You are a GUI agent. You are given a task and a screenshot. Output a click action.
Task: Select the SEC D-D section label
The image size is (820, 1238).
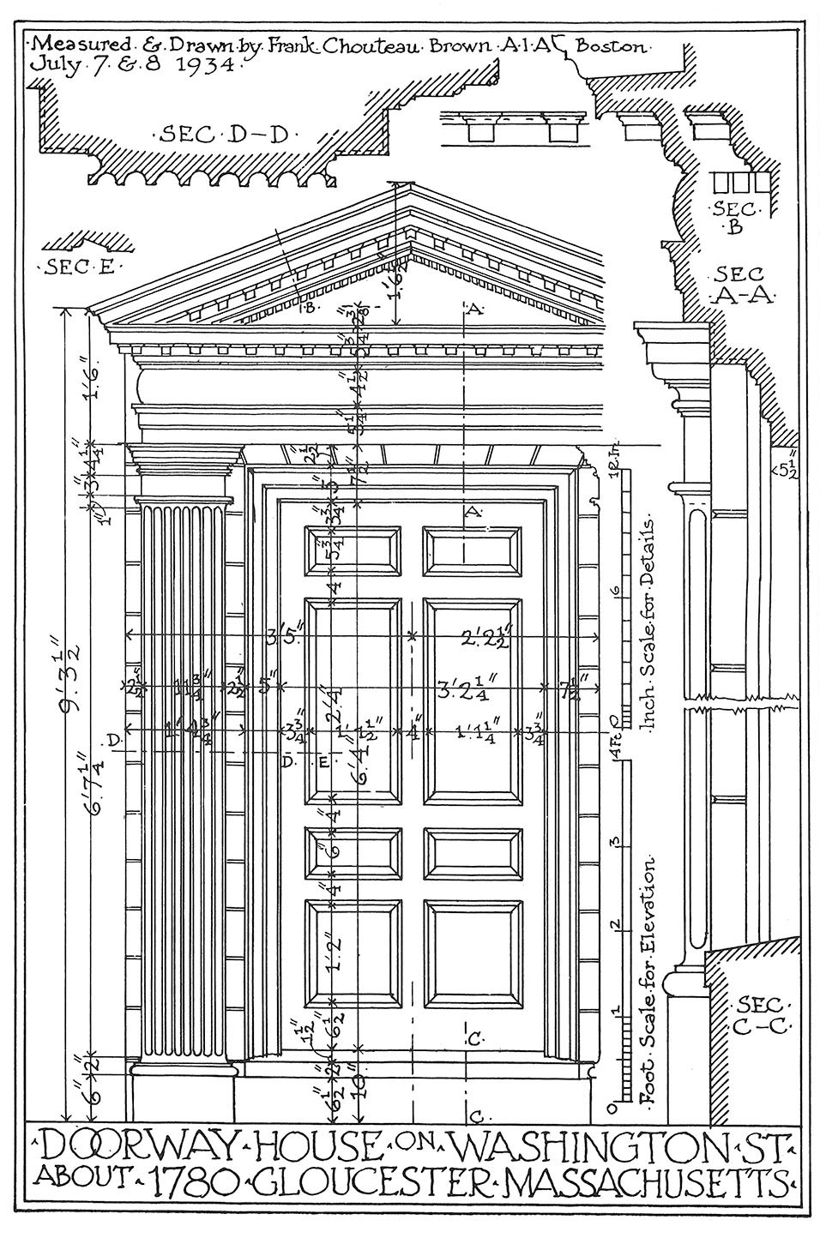223,134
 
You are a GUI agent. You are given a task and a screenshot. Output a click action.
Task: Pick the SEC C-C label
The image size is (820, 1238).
759,1016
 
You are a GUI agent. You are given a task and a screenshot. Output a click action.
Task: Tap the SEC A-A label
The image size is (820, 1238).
743,285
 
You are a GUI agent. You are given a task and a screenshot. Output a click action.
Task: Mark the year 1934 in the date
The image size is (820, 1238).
200,64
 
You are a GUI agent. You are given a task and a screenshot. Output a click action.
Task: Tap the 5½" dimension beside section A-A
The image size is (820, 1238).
787,467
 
